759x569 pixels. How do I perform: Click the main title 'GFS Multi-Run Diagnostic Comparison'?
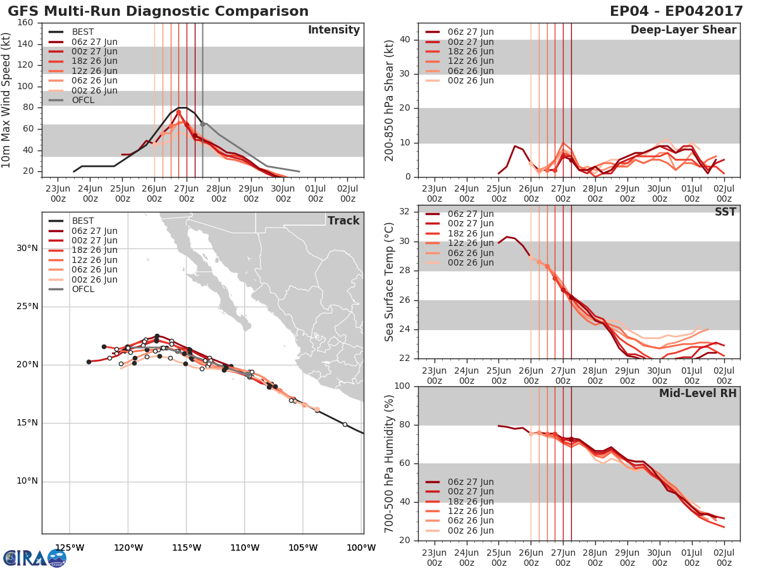pyautogui.click(x=158, y=11)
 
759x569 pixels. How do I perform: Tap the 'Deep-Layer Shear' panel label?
pyautogui.click(x=683, y=30)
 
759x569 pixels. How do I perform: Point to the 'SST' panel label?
pyautogui.click(x=725, y=212)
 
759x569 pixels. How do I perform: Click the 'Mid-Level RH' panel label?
pyautogui.click(x=698, y=393)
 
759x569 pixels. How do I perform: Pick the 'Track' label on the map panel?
pyautogui.click(x=343, y=221)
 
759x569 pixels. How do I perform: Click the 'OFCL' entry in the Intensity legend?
pyautogui.click(x=83, y=100)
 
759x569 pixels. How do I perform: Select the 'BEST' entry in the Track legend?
pyautogui.click(x=83, y=221)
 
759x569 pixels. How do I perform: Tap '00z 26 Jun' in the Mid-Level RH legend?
pyautogui.click(x=470, y=530)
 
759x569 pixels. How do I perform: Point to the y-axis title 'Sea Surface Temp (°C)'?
pyautogui.click(x=390, y=282)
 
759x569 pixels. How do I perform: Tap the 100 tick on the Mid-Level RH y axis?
pyautogui.click(x=402, y=386)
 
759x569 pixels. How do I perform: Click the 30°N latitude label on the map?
pyautogui.click(x=27, y=248)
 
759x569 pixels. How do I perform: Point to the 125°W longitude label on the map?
pyautogui.click(x=70, y=548)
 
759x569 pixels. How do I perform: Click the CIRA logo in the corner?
pyautogui.click(x=35, y=558)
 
